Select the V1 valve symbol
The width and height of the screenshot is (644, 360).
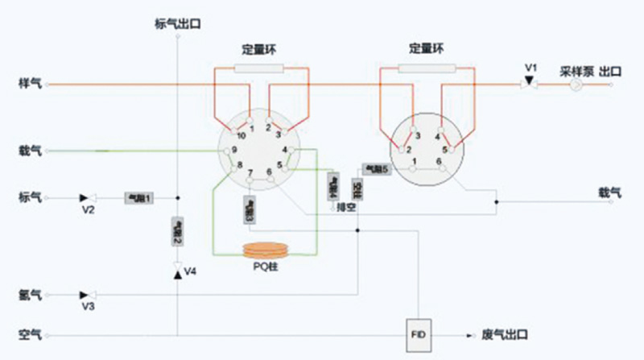[529, 82]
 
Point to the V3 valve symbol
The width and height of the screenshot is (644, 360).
[87, 296]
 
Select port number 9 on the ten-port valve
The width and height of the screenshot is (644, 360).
[233, 151]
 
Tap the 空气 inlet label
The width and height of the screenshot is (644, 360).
[29, 333]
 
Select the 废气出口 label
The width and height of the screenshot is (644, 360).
[505, 333]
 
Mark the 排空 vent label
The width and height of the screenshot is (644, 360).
[347, 207]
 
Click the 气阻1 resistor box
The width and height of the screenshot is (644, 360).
[138, 197]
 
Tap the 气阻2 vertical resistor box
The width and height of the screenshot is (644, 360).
[178, 230]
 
